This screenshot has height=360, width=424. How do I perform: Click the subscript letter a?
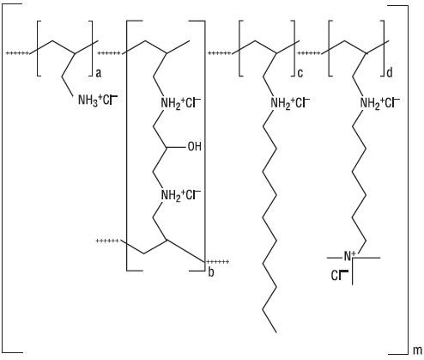click(x=99, y=73)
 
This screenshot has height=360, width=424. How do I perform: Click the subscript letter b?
click(x=211, y=272)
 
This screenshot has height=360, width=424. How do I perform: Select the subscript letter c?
click(x=300, y=73)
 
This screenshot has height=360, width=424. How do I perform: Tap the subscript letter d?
click(x=390, y=72)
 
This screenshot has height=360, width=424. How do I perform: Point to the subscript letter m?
click(x=417, y=351)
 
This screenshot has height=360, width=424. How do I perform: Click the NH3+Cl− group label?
click(x=98, y=101)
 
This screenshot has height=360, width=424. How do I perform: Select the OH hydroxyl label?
click(x=195, y=147)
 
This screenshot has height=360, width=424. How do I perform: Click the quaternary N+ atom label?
click(x=349, y=256)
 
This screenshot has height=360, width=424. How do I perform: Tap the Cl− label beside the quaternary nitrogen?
click(x=339, y=276)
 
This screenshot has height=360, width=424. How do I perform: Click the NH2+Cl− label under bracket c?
click(x=290, y=103)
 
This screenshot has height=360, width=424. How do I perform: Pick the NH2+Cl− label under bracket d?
click(x=380, y=103)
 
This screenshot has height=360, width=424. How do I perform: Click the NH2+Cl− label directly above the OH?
click(x=181, y=103)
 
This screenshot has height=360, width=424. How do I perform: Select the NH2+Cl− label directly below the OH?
click(x=181, y=195)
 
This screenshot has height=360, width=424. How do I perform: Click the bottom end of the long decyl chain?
click(x=276, y=333)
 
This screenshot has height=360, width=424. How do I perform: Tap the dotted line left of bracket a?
click(x=17, y=53)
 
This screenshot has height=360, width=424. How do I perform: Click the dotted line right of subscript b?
click(x=218, y=261)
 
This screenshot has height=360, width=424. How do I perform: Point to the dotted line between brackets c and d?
click(x=309, y=53)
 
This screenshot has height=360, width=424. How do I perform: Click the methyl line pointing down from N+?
click(x=352, y=272)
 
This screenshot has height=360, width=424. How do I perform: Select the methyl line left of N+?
click(x=335, y=258)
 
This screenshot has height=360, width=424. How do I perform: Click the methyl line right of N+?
click(x=368, y=258)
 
